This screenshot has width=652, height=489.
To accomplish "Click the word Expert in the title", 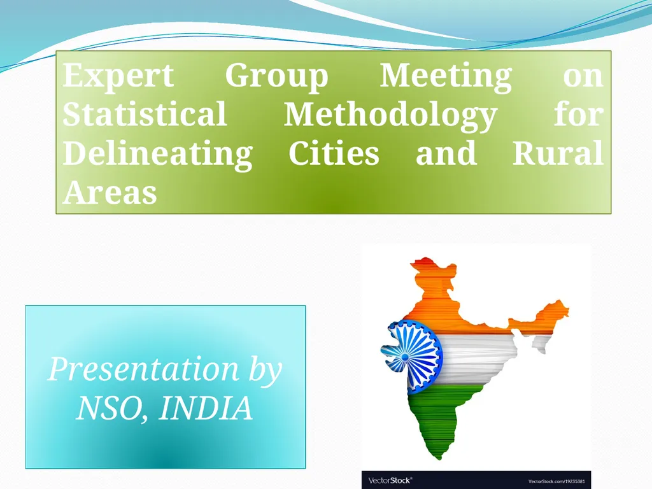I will pyautogui.click(x=118, y=77).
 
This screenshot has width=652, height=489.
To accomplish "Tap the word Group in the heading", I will pyautogui.click(x=276, y=77).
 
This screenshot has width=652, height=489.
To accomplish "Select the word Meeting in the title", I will pyautogui.click(x=445, y=76).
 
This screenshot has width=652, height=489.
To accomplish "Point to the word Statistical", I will pyautogui.click(x=145, y=115).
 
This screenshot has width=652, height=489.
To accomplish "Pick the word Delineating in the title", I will pyautogui.click(x=157, y=155).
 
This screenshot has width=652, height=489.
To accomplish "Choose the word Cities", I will pyautogui.click(x=334, y=153).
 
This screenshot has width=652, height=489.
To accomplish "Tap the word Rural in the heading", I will pyautogui.click(x=557, y=153).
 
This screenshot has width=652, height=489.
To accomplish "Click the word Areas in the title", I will pyautogui.click(x=110, y=192).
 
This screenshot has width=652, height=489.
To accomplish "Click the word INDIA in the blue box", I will pyautogui.click(x=205, y=408).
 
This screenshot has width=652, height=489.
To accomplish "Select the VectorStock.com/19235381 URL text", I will pyautogui.click(x=556, y=481).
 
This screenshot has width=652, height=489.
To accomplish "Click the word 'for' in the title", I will pyautogui.click(x=578, y=115).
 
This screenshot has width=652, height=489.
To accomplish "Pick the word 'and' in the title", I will pyautogui.click(x=446, y=153).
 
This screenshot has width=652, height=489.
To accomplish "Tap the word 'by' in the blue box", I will pyautogui.click(x=265, y=370).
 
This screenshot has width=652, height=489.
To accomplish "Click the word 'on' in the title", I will pyautogui.click(x=583, y=76).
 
